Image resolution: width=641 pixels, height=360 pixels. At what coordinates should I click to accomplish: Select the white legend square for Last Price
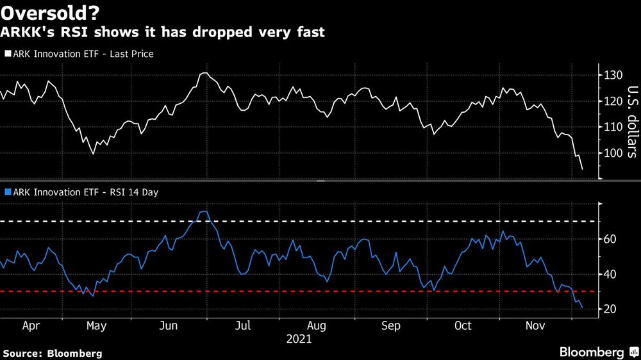click(x=7, y=54)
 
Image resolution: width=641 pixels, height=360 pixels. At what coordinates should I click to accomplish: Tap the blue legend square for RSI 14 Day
click(x=7, y=191)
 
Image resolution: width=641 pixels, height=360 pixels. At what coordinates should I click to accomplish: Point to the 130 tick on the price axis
click(x=612, y=76)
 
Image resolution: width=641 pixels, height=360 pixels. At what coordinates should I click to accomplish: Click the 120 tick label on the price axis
click(x=612, y=101)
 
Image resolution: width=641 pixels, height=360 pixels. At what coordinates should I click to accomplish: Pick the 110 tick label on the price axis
click(x=612, y=127)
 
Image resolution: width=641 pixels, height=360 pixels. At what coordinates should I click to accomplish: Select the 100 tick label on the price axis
click(x=612, y=153)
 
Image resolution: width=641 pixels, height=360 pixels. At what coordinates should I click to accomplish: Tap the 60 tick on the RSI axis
click(x=610, y=239)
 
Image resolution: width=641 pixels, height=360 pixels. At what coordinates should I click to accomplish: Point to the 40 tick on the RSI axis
click(x=610, y=274)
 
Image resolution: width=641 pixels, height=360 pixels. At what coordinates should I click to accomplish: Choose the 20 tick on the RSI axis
click(x=610, y=309)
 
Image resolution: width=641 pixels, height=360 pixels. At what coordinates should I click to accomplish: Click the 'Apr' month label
click(x=31, y=325)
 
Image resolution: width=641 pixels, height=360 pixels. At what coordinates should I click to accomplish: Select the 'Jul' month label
click(x=242, y=325)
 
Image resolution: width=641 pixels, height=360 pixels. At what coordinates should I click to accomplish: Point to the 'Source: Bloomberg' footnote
click(x=53, y=353)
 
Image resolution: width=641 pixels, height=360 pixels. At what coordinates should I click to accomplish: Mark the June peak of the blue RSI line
click(x=204, y=211)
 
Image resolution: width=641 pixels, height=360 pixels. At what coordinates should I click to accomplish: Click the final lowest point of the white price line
click(x=582, y=169)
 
